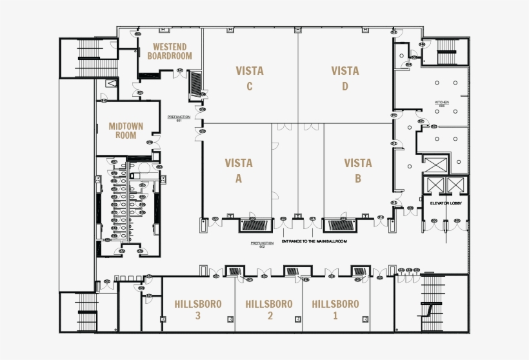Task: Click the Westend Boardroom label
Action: click(169, 51)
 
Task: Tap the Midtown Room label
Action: click(126, 130)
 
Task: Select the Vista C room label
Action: click(249, 78)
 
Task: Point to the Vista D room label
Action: click(345, 78)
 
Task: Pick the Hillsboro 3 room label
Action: click(198, 309)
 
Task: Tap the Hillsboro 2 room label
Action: click(269, 309)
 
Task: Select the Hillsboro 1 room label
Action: click(335, 309)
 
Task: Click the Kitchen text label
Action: click(442, 103)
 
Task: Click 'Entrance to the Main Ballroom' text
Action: click(315, 241)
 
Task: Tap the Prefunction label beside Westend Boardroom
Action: click(179, 118)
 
